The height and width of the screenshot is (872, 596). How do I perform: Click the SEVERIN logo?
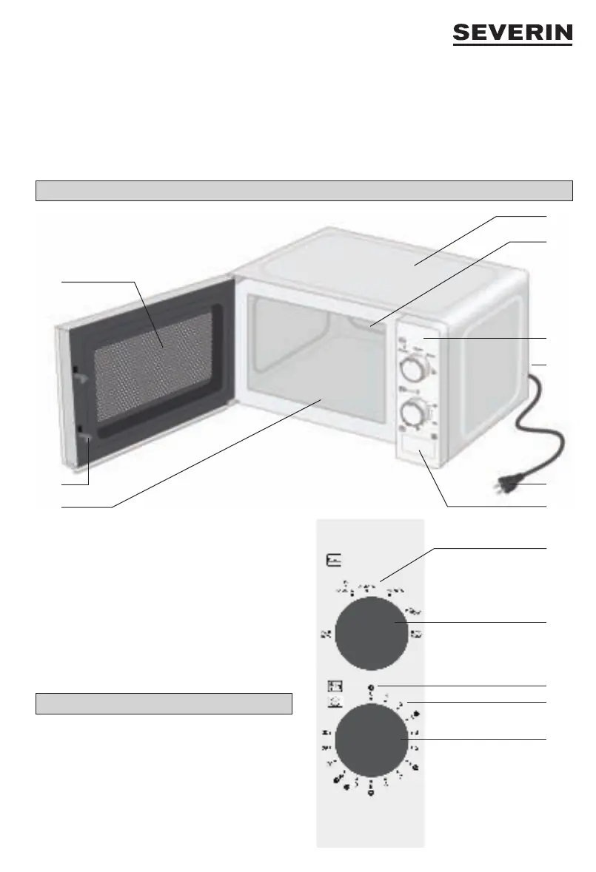(512, 35)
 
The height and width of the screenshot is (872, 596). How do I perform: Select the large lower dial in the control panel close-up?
(371, 740)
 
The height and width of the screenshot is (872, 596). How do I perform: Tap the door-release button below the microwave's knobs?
(417, 450)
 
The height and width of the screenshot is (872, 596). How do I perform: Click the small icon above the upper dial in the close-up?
(334, 562)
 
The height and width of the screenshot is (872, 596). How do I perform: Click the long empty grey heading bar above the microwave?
(304, 191)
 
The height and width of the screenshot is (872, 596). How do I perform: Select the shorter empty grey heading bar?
(164, 703)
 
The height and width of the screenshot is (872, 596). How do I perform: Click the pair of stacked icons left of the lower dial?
(334, 690)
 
